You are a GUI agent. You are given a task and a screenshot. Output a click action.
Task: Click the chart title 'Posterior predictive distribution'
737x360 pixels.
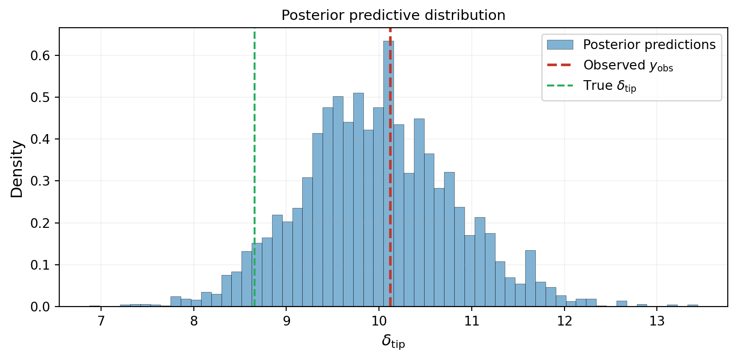coord(393,16)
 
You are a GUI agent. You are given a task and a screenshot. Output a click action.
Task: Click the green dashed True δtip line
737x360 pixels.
coord(254,146)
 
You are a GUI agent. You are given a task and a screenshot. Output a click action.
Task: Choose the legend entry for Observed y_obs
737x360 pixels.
coord(628,66)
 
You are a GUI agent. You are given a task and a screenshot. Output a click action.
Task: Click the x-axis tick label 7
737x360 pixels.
coord(101,321)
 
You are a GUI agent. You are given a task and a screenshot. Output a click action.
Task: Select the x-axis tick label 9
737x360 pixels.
coord(286,321)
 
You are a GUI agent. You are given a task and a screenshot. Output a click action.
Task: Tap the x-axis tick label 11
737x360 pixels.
coord(471,321)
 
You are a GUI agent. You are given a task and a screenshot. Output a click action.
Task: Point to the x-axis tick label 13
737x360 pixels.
coord(657,321)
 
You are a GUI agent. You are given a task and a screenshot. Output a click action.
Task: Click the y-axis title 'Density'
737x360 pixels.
coord(17,169)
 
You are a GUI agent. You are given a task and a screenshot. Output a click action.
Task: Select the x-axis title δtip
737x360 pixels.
coord(393,342)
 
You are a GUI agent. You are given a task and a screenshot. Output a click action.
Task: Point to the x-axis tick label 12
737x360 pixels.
coord(564,321)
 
